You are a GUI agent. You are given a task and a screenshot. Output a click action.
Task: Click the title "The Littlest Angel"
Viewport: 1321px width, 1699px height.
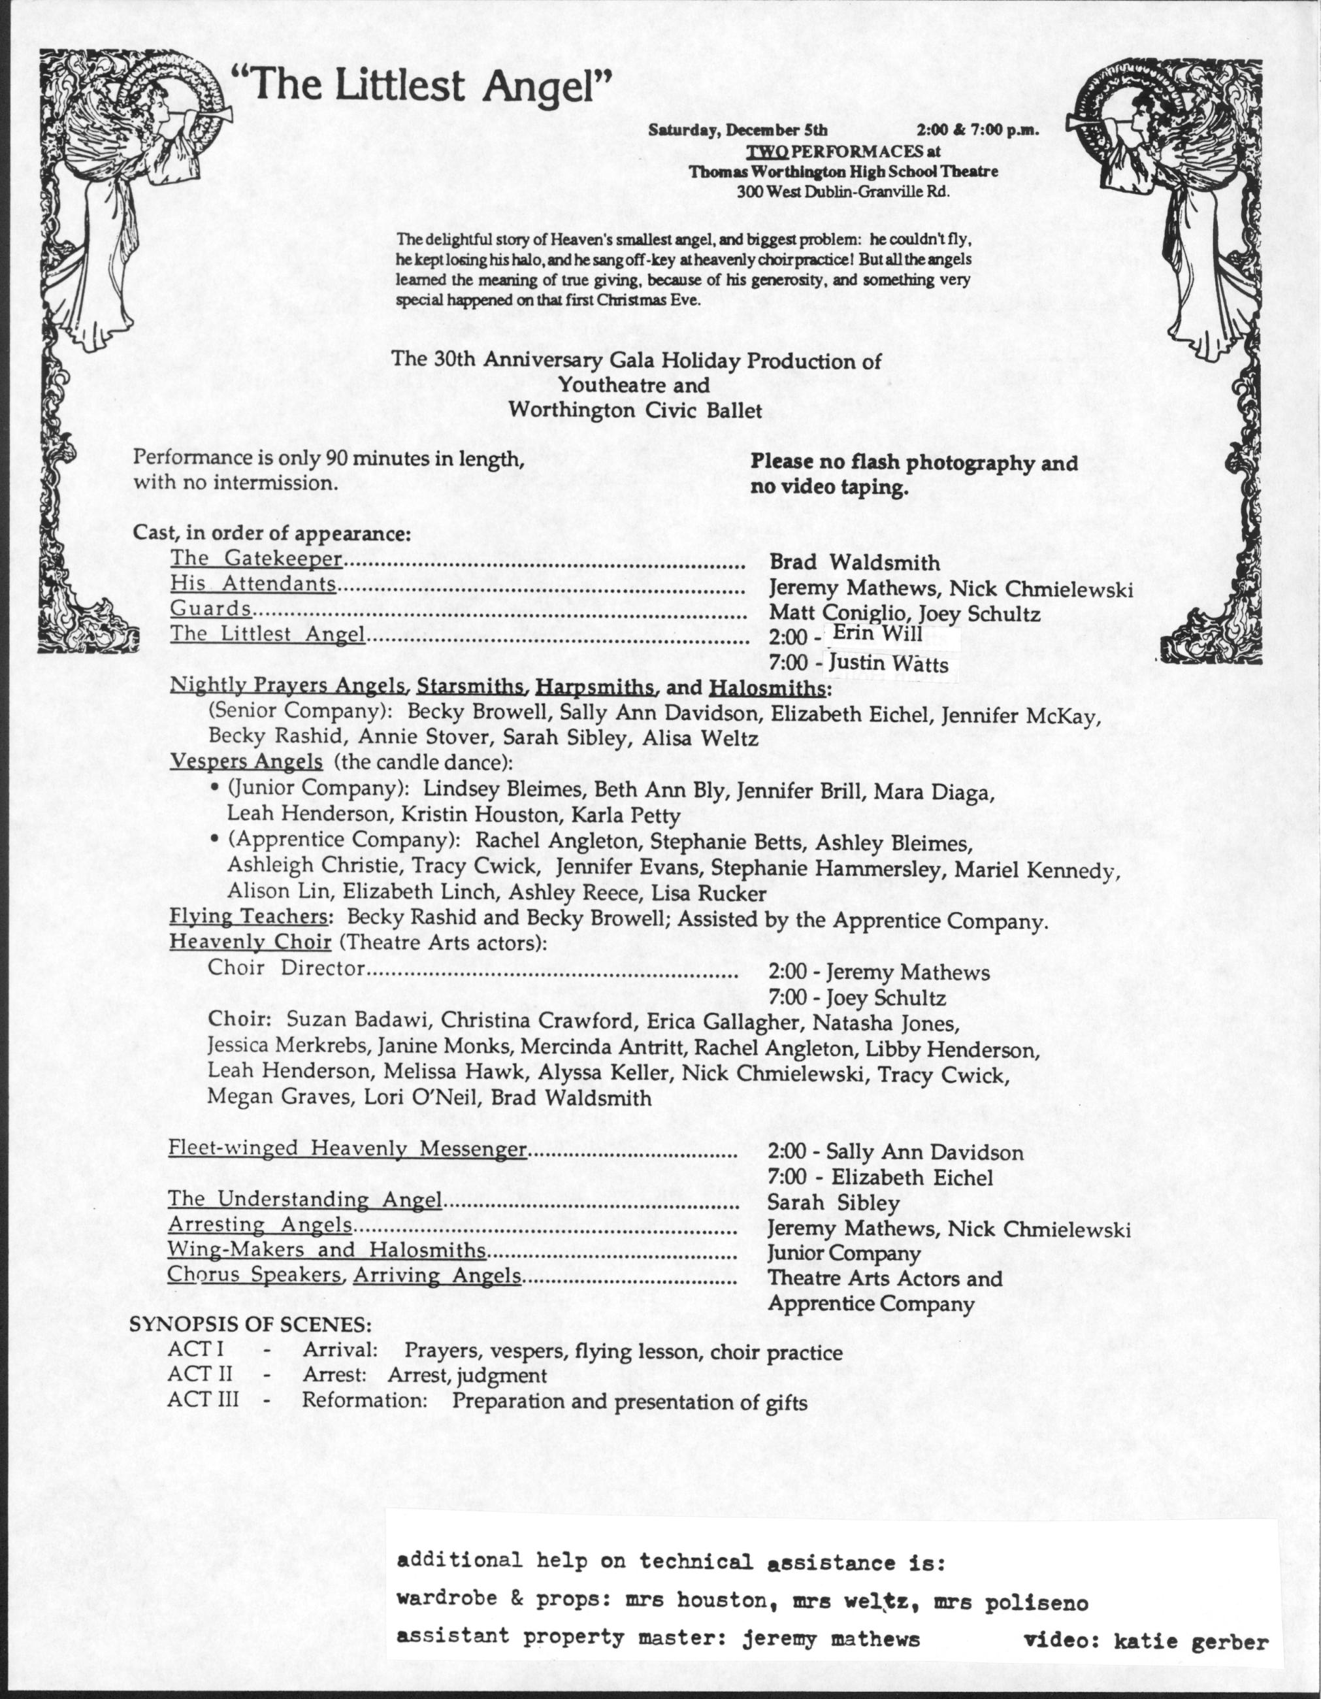tap(423, 86)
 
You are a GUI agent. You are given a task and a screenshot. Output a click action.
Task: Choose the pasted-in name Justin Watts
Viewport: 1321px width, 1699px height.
tap(888, 663)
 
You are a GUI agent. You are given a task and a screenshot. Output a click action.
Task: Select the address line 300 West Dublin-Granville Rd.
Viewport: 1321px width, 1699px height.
tap(843, 189)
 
